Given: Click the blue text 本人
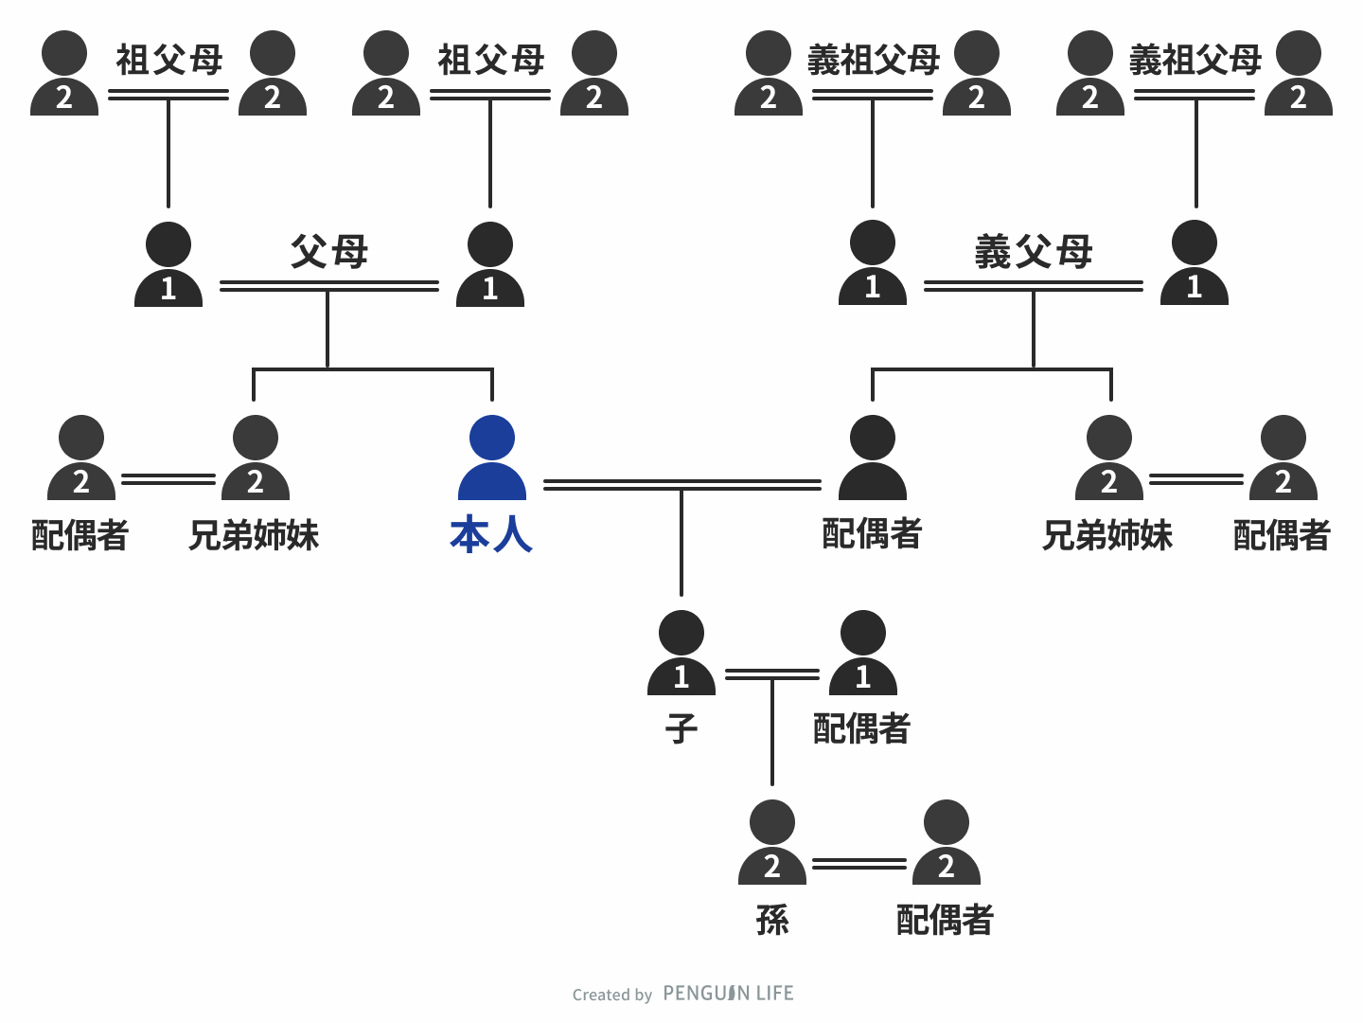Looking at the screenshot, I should pyautogui.click(x=492, y=535).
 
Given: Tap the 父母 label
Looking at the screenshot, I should pyautogui.click(x=328, y=252).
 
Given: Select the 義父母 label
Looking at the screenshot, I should pyautogui.click(x=1034, y=252).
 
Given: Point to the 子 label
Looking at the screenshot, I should pyautogui.click(x=681, y=729).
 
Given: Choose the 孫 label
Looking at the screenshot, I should pyautogui.click(x=772, y=920).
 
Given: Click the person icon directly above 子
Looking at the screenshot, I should pyautogui.click(x=681, y=653).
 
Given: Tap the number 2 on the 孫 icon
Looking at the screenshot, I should pyautogui.click(x=772, y=867).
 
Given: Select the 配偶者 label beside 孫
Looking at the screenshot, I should pyautogui.click(x=945, y=920).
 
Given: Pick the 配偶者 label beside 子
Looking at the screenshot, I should pyautogui.click(x=861, y=729).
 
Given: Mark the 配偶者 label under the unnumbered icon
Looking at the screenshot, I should pyautogui.click(x=872, y=534).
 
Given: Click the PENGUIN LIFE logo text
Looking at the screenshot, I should pyautogui.click(x=728, y=994).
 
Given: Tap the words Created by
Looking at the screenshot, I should pyautogui.click(x=612, y=995).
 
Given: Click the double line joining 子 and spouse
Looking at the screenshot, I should pyautogui.click(x=772, y=674).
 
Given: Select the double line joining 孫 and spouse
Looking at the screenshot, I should pyautogui.click(x=859, y=864).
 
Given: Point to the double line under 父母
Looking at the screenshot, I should pyautogui.click(x=328, y=285).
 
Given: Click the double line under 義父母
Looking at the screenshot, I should pyautogui.click(x=1034, y=285).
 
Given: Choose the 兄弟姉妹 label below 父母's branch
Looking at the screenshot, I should pyautogui.click(x=254, y=535).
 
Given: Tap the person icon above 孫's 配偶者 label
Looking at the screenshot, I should pyautogui.click(x=947, y=842).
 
